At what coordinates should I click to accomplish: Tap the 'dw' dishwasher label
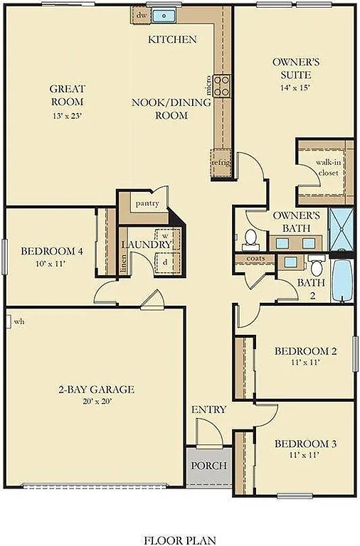pos(142,14)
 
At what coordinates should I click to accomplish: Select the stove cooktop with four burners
pos(222,86)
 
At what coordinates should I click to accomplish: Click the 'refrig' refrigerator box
pos(221,161)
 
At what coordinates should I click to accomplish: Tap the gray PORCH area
pos(209,466)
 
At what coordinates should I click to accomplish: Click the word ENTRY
pos(209,409)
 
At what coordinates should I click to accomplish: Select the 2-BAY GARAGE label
pos(96,390)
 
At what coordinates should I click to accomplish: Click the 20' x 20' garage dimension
pos(96,401)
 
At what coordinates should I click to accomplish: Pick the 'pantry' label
pos(147,203)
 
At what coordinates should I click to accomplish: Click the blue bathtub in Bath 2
pos(342,281)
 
